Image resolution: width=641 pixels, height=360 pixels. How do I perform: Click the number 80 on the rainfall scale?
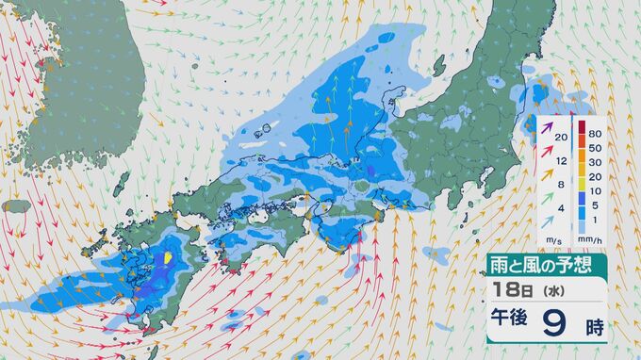click(x=595, y=135)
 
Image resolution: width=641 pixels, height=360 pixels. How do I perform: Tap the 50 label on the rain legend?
click(x=595, y=149)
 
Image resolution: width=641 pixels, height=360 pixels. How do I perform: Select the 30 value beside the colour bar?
click(x=595, y=162)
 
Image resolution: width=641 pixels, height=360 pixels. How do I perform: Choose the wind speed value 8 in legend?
click(x=561, y=185)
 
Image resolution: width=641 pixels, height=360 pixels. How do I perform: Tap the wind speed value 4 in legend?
click(x=561, y=208)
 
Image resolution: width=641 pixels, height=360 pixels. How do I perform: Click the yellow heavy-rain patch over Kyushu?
click(x=169, y=258)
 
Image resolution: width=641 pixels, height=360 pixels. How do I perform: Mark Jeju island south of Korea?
click(x=17, y=205)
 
